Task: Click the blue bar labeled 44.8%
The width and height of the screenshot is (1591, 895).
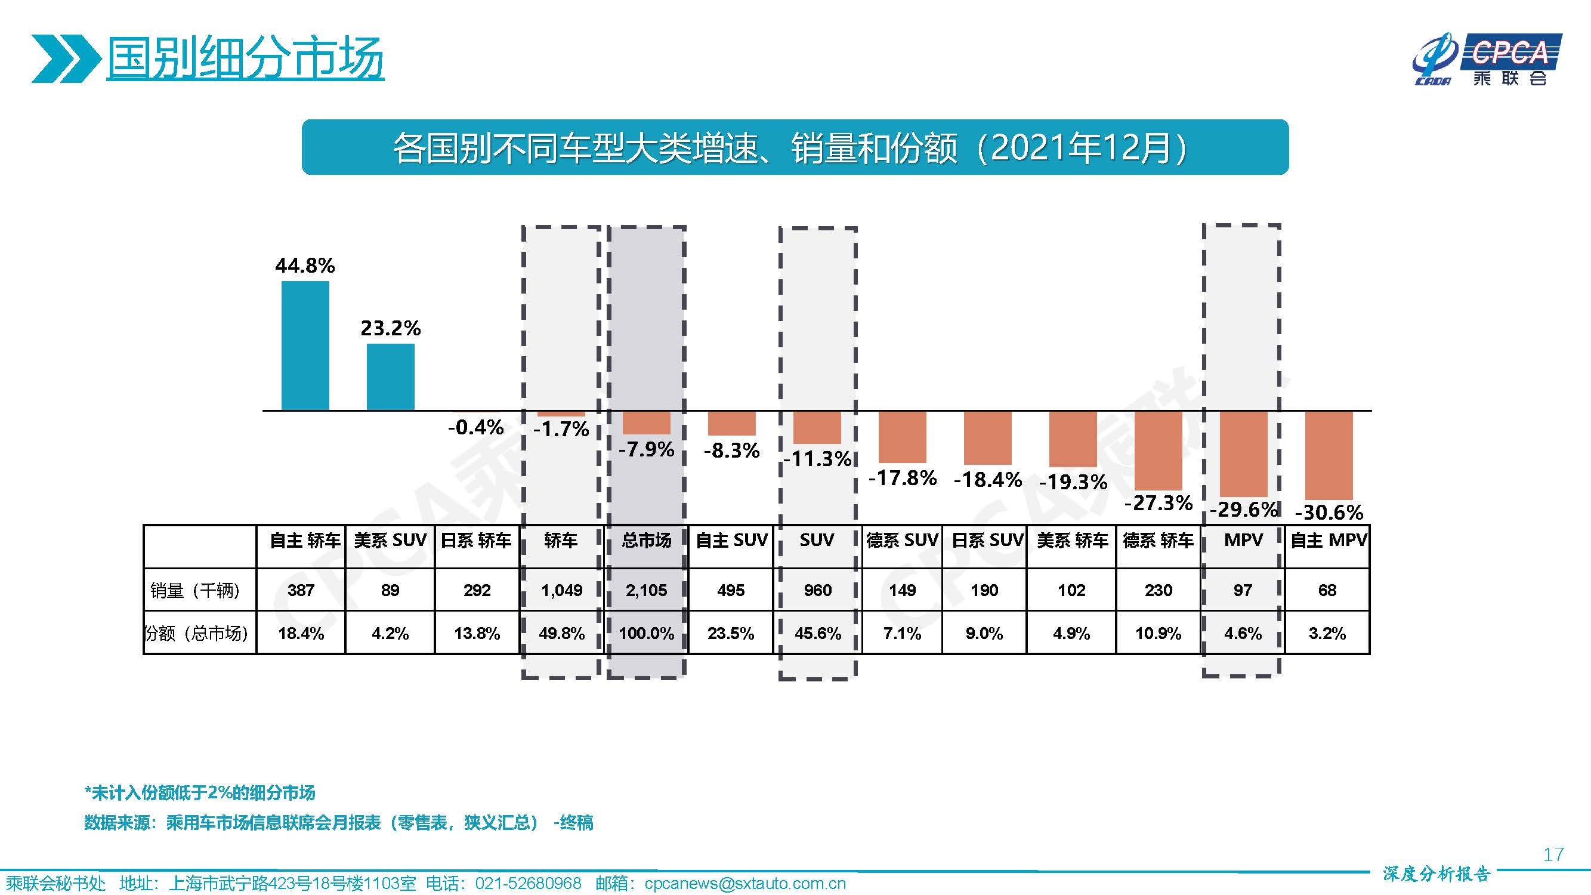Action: coord(305,345)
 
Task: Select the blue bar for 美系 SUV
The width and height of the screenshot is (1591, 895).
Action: coord(390,376)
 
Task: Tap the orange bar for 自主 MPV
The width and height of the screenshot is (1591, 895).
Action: coord(1329,455)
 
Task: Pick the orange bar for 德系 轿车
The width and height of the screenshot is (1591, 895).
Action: coord(1158,450)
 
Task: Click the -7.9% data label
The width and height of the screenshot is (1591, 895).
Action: coord(646,449)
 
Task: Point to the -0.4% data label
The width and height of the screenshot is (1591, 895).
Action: coord(475,427)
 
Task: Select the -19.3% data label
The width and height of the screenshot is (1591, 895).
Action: coord(1073,482)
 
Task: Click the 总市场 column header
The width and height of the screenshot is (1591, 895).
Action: coord(646,541)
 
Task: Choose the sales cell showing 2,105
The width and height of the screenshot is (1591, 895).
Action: coord(646,591)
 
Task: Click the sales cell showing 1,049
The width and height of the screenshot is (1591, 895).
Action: coord(561,591)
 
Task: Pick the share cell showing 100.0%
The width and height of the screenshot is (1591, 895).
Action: coord(646,633)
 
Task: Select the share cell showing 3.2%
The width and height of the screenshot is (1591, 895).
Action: coord(1327,633)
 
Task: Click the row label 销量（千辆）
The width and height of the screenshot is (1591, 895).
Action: coord(195,591)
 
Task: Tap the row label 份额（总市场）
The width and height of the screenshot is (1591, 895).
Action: coord(196,633)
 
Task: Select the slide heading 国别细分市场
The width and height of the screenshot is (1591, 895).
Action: coord(245,59)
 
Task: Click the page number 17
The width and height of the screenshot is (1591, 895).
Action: coord(1553,854)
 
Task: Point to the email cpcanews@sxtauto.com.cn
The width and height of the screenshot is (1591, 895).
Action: coord(744,883)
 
